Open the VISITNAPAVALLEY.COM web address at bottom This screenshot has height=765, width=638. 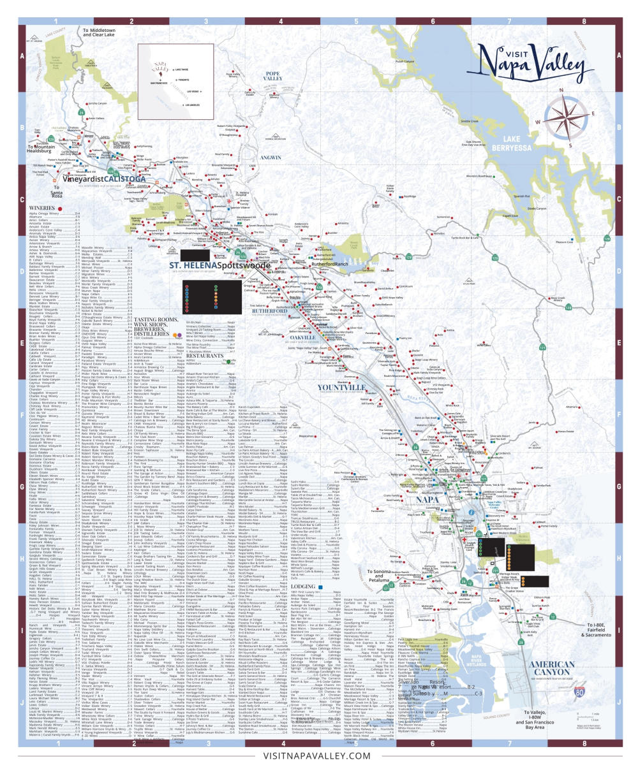pos(317,755)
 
